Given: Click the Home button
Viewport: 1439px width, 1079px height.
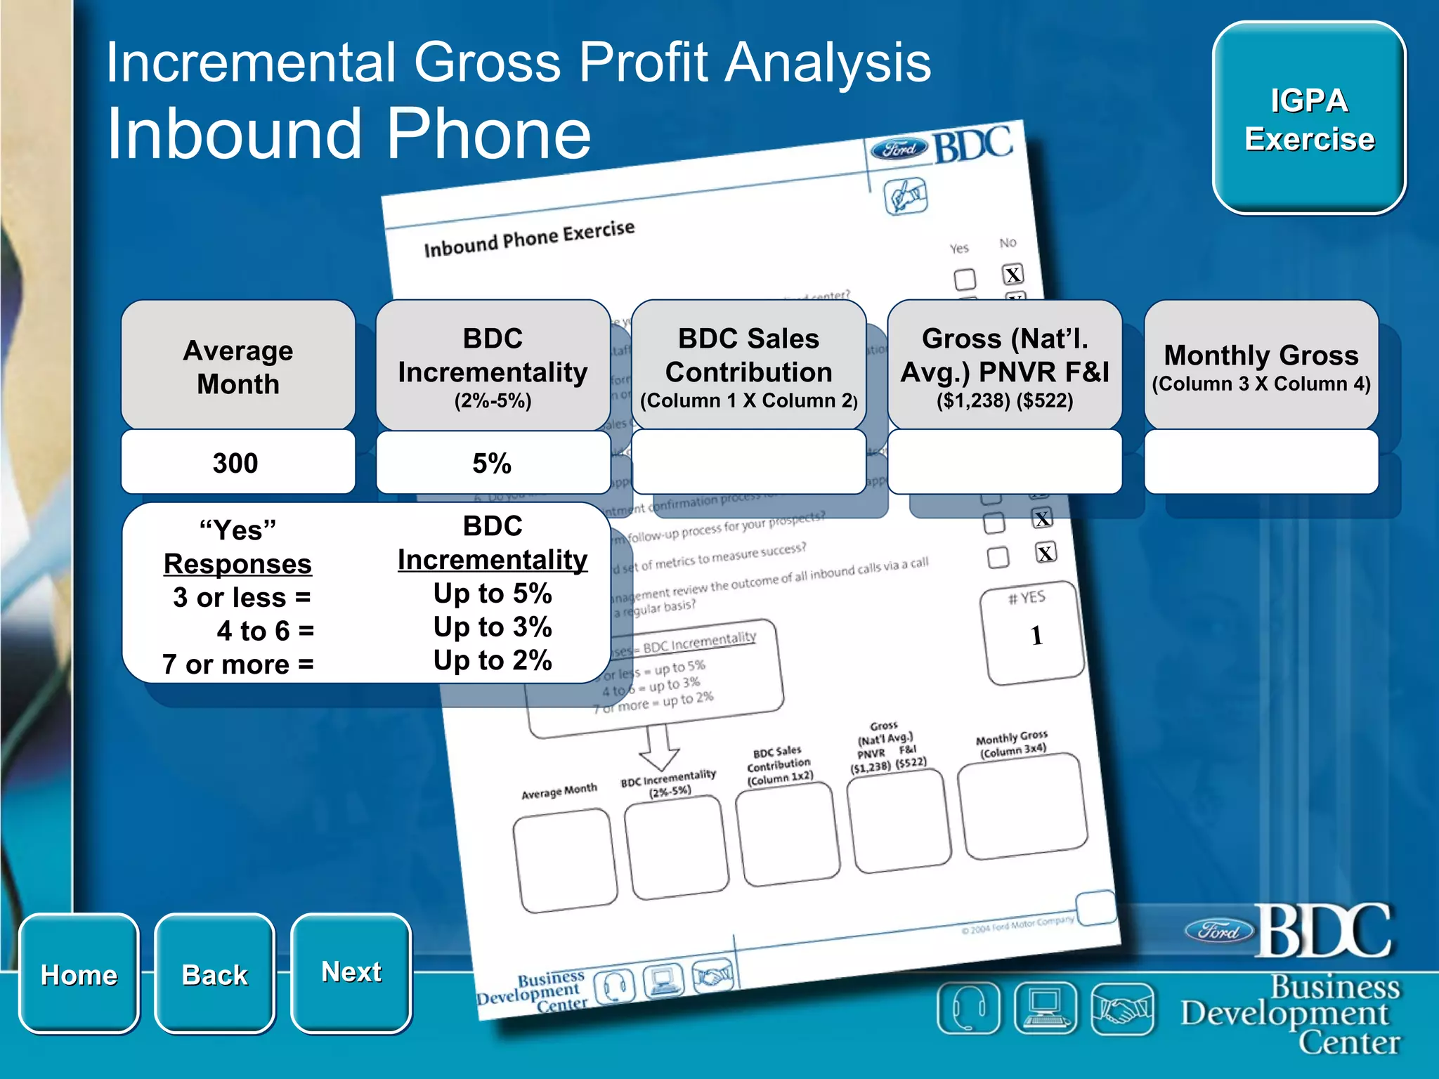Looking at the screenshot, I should pos(79,974).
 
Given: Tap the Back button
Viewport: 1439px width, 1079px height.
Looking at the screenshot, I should pos(214,974).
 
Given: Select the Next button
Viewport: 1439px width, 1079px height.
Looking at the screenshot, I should pos(351,972).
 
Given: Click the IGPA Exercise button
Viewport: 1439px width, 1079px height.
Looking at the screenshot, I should pos(1309,119).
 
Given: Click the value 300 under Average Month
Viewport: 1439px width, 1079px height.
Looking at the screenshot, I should pos(236,463).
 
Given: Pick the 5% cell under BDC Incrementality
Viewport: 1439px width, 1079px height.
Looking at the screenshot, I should pos(492,463).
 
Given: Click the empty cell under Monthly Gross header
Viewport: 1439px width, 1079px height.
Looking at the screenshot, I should pos(1261,463).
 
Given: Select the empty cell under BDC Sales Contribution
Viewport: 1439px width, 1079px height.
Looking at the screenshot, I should pos(748,463).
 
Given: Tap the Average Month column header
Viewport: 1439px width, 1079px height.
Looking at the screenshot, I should pos(238,366).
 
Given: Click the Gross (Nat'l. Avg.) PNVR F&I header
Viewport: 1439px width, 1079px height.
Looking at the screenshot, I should pos(1004,366).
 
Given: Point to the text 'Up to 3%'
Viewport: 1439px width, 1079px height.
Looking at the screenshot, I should pos(492,627).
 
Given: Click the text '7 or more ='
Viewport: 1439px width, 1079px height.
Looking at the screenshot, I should pos(238,664).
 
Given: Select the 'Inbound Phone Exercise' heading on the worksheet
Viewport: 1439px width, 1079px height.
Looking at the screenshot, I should pos(529,239).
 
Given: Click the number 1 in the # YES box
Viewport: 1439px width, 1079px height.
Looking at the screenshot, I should pos(1036,636).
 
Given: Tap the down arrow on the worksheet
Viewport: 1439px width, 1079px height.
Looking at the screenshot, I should pos(658,748).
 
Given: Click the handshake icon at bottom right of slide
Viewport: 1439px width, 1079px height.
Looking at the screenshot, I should pos(1122,1009).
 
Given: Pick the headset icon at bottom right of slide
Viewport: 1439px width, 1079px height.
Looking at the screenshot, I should pos(968,1009).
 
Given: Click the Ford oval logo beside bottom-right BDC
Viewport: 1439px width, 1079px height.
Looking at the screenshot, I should pos(1219,931).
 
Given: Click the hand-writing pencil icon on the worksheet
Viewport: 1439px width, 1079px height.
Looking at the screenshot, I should pos(905,196).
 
